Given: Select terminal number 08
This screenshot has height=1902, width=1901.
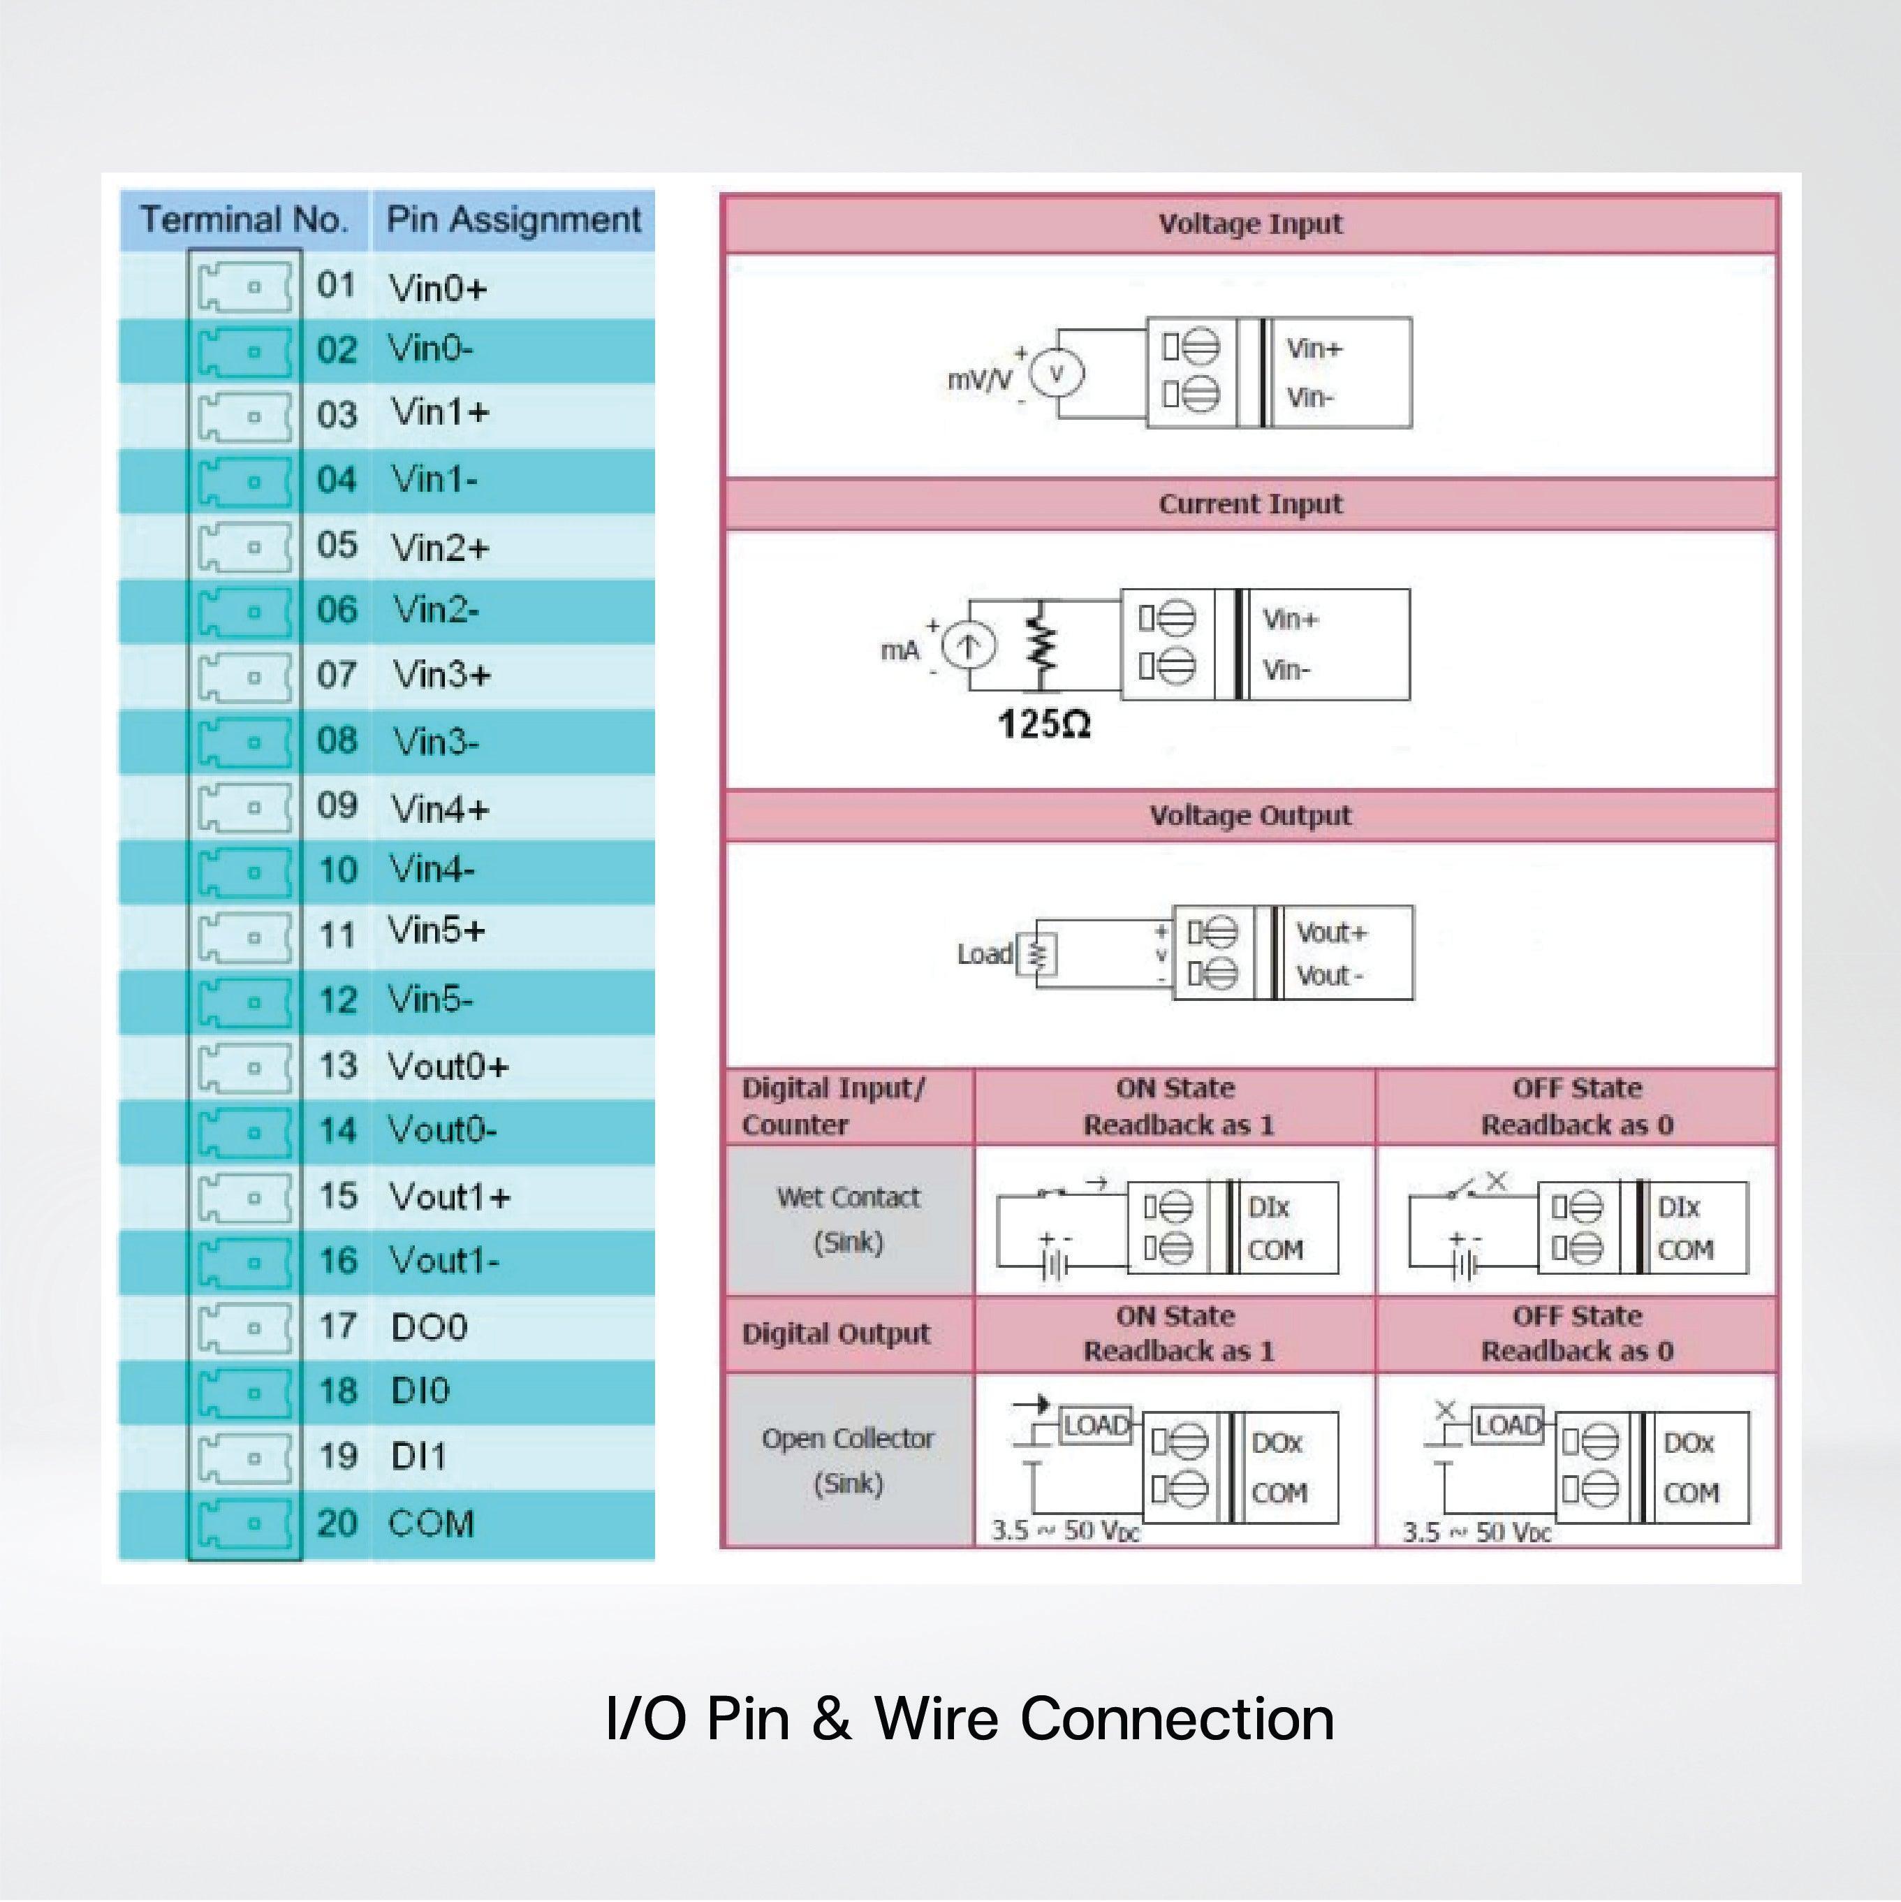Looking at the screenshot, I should [337, 740].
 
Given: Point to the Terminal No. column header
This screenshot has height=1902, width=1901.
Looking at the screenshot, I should [244, 219].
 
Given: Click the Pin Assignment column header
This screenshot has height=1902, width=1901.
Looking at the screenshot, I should [513, 219].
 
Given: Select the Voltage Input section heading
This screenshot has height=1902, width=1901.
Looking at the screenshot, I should [1249, 224].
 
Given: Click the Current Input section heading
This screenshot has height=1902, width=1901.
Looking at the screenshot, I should [1249, 504].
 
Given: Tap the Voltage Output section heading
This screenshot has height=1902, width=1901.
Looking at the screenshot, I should [1249, 815].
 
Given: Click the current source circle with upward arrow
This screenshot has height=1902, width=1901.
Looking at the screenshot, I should [969, 647].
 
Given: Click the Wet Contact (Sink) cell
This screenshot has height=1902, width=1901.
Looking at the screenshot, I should [848, 1220].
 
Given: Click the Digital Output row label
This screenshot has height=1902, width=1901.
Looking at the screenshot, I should [836, 1334].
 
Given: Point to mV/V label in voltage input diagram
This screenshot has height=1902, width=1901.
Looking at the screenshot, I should [978, 380].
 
